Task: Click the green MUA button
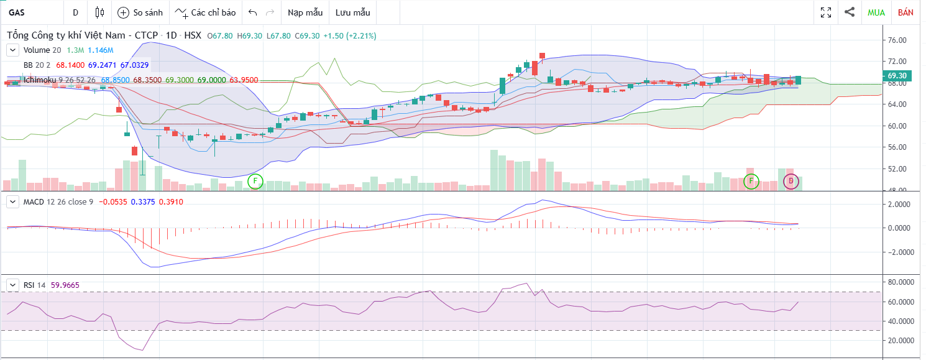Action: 876,12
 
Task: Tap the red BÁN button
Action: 905,12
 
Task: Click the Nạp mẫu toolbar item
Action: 305,12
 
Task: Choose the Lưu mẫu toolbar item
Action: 352,12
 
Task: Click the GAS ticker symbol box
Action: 31,12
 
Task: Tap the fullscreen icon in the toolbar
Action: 826,12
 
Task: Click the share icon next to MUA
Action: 850,12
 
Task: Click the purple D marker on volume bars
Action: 791,182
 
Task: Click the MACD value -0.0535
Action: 112,202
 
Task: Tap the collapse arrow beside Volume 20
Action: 12,50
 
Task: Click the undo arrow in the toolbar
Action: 252,12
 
